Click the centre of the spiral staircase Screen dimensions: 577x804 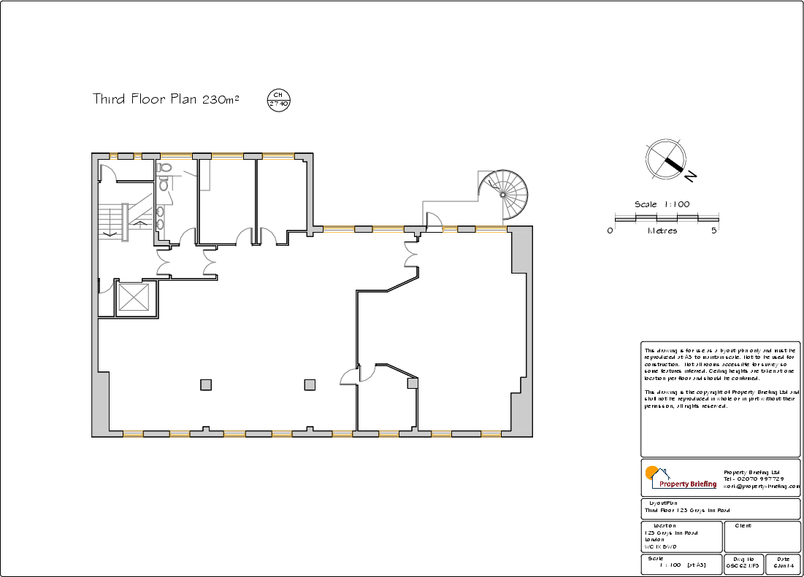tap(503, 194)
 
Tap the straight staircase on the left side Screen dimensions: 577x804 tap(113, 220)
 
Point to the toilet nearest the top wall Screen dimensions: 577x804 tap(165, 169)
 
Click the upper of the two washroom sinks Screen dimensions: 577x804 tap(159, 212)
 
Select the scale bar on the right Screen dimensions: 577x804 tap(667, 218)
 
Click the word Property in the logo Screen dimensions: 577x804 tap(675, 484)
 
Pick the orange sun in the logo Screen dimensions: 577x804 tap(651, 472)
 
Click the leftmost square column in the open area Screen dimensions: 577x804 tap(206, 384)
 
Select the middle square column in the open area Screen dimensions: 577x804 tap(310, 384)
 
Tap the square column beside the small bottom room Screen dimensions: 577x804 tap(413, 383)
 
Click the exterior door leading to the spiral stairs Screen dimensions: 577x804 tap(434, 220)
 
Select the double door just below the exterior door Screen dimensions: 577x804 tap(411, 256)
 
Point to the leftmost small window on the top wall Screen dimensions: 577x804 tap(113, 155)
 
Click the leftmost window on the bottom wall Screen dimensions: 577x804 tap(133, 434)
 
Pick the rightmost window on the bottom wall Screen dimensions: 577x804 tap(491, 434)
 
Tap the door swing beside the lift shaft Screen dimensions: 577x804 tap(107, 287)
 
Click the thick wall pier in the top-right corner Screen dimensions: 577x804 tap(520, 249)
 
